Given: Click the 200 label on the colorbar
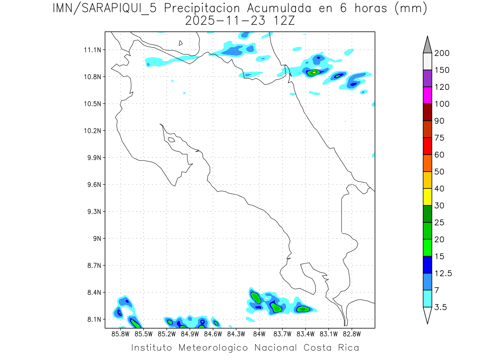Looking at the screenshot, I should [x=442, y=53].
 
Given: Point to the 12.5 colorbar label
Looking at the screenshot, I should [x=443, y=273].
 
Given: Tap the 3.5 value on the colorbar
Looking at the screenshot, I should [x=441, y=307].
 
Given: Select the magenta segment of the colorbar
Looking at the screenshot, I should [x=427, y=95].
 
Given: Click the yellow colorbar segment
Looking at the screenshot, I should [x=427, y=197].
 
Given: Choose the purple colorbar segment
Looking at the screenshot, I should [x=427, y=78].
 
